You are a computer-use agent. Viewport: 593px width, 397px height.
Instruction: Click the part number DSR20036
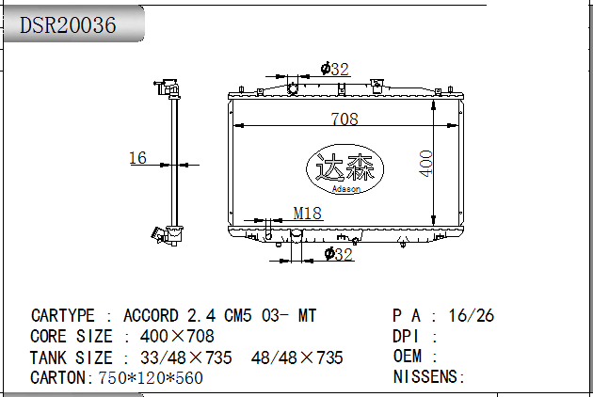click(68, 25)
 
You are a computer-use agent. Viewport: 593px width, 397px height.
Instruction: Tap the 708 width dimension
click(345, 119)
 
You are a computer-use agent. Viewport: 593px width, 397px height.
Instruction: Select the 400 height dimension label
click(425, 164)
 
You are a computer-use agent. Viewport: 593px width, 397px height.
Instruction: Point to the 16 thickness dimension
click(137, 158)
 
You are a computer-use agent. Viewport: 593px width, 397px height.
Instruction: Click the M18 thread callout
click(308, 214)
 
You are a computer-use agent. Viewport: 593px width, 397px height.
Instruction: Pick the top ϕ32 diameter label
click(334, 69)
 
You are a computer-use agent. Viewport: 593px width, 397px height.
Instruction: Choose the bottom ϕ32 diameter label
click(339, 254)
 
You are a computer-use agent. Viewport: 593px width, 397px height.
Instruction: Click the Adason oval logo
click(345, 169)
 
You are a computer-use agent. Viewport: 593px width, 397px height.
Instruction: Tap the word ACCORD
click(151, 316)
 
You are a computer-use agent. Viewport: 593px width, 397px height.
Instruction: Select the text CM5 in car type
click(238, 316)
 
